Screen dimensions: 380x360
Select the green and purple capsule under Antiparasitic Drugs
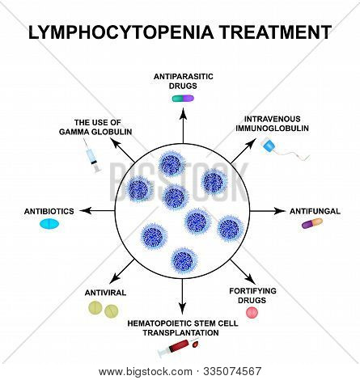[x=182, y=98]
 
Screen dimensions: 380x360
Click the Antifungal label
[x=311, y=210]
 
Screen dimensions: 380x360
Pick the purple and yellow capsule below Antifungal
[x=311, y=223]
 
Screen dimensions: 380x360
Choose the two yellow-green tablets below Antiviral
[x=105, y=309]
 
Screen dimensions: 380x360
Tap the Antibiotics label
[x=49, y=211]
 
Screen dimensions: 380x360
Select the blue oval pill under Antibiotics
[x=50, y=225]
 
